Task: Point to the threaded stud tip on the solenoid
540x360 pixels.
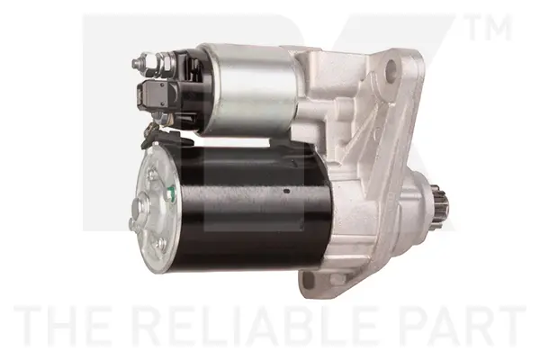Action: (138, 63)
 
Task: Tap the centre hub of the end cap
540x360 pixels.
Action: (139, 209)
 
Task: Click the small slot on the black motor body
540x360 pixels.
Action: (286, 191)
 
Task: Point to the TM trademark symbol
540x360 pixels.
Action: (489, 28)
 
